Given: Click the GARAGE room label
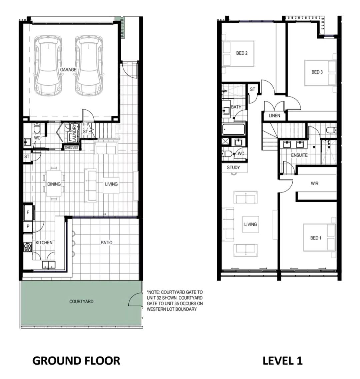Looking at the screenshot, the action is click(x=68, y=70).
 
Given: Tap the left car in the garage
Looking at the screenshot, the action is click(x=48, y=65).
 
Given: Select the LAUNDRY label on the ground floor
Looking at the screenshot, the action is click(x=74, y=133).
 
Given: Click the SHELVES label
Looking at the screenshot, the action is click(x=71, y=147).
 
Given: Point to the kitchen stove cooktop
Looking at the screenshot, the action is click(x=28, y=247).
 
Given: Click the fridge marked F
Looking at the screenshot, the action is click(x=28, y=213).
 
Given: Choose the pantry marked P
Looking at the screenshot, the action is click(x=28, y=227).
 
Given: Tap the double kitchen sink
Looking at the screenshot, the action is click(x=49, y=265).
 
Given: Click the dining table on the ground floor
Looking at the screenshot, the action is click(x=54, y=183).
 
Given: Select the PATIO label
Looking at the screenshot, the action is click(x=106, y=243).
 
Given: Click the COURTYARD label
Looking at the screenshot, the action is click(x=81, y=301).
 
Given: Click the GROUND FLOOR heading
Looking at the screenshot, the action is click(x=76, y=361).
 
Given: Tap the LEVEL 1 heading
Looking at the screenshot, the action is click(x=282, y=361).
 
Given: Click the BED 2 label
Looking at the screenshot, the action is click(x=242, y=53).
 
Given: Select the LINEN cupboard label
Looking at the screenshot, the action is click(x=275, y=115).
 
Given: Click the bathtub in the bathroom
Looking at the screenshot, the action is click(x=233, y=129).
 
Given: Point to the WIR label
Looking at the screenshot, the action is click(x=314, y=183).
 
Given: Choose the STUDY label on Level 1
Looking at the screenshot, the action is click(x=233, y=167).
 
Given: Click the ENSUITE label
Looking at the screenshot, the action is click(x=299, y=155).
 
